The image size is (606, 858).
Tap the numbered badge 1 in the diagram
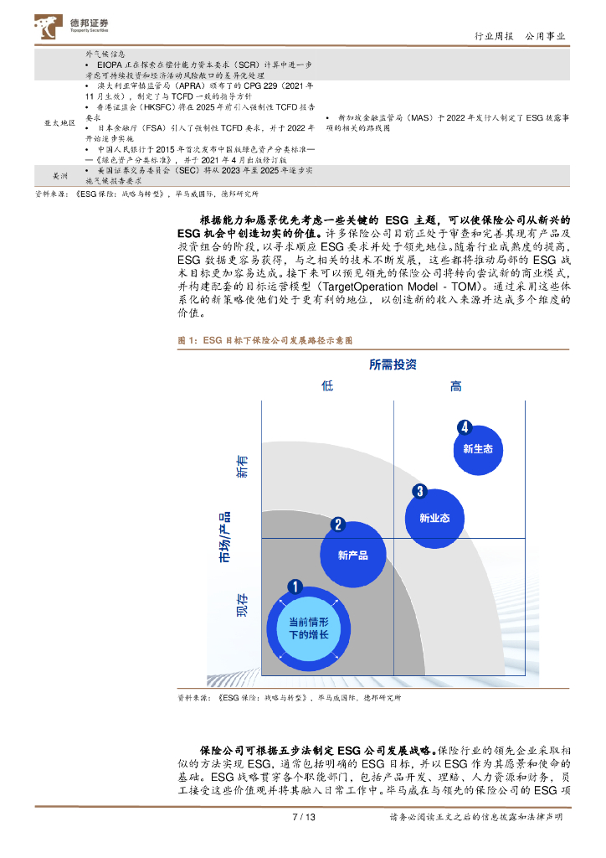[293, 587]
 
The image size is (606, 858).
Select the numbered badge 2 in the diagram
[337, 525]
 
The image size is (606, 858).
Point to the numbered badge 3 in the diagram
[420, 492]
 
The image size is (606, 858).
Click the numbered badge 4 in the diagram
[465, 427]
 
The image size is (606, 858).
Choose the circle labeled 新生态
[478, 449]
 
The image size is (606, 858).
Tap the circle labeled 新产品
[352, 555]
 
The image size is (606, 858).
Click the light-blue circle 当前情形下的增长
[308, 628]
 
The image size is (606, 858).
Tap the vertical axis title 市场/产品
[225, 536]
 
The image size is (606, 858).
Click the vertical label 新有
[243, 467]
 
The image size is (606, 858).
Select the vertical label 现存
[243, 606]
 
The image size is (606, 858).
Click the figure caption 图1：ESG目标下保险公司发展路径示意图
[266, 341]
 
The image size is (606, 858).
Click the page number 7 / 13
[302, 817]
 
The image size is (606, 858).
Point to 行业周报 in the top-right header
[494, 36]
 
